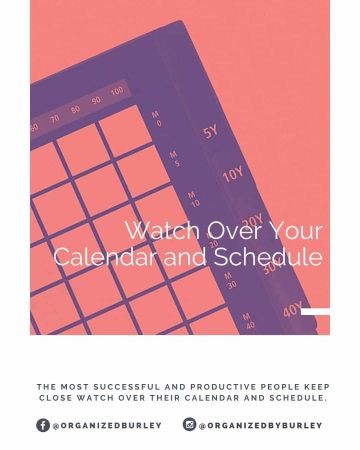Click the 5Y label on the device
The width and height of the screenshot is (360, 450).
[x=210, y=131]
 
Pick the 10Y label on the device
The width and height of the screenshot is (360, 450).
[x=232, y=174]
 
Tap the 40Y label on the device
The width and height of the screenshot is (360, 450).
[x=292, y=311]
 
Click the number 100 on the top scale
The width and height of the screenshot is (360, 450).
[x=117, y=92]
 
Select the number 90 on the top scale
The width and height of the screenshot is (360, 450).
[x=96, y=101]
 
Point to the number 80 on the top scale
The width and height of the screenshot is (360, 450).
[x=75, y=110]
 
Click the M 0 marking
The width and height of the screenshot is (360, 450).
[x=157, y=118]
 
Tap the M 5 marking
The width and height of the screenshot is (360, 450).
[x=174, y=158]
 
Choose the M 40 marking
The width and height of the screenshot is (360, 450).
[x=248, y=321]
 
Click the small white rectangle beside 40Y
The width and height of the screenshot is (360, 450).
[x=315, y=312]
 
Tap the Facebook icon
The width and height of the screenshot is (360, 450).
[x=43, y=425]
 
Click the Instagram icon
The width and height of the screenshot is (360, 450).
[x=189, y=425]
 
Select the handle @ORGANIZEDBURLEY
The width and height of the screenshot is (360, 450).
[x=107, y=426]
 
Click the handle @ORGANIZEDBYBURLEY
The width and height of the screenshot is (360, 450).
[x=260, y=426]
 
